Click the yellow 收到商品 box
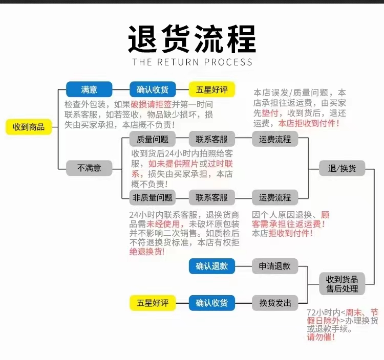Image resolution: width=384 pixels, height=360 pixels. [29, 127]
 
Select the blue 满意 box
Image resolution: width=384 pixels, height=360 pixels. [89, 89]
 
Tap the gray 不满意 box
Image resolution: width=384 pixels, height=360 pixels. [89, 168]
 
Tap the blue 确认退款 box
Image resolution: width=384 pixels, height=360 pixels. [212, 266]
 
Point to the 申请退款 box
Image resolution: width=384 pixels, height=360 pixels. [274, 266]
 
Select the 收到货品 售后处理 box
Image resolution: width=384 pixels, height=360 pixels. [343, 283]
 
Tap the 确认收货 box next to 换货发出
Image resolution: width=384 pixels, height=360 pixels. [212, 303]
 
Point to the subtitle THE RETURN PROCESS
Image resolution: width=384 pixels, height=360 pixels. [192, 62]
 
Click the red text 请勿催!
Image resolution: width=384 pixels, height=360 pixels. [321, 338]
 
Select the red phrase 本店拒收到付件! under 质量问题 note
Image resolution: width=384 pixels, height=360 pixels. [309, 123]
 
